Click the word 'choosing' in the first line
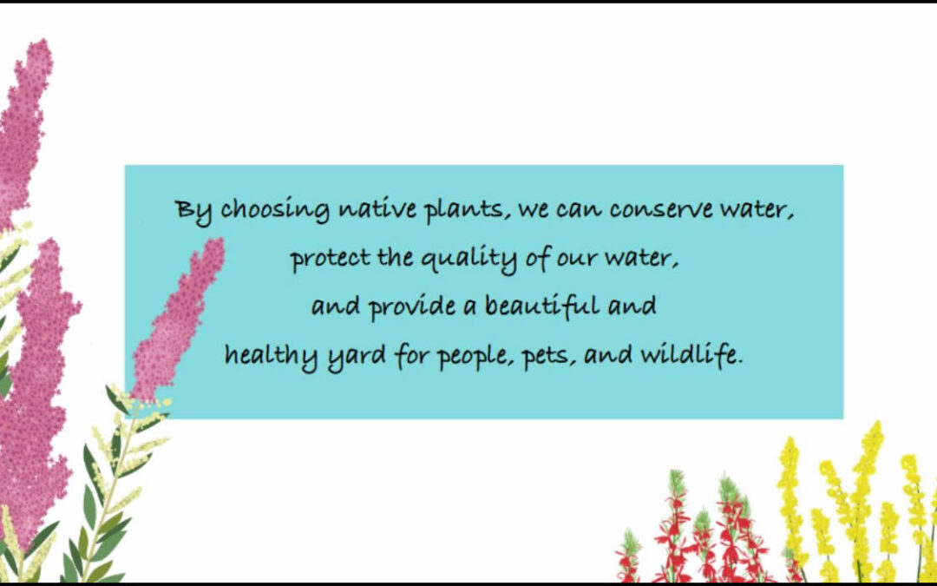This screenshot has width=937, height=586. [x=275, y=210]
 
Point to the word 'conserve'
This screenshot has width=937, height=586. [x=661, y=209]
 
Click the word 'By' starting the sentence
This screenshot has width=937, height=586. [x=193, y=212]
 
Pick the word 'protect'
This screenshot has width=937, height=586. [x=331, y=260]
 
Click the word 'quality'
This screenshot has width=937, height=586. [x=468, y=260]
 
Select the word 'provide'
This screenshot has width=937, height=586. [x=412, y=307]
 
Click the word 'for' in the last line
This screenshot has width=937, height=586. [x=412, y=356]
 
